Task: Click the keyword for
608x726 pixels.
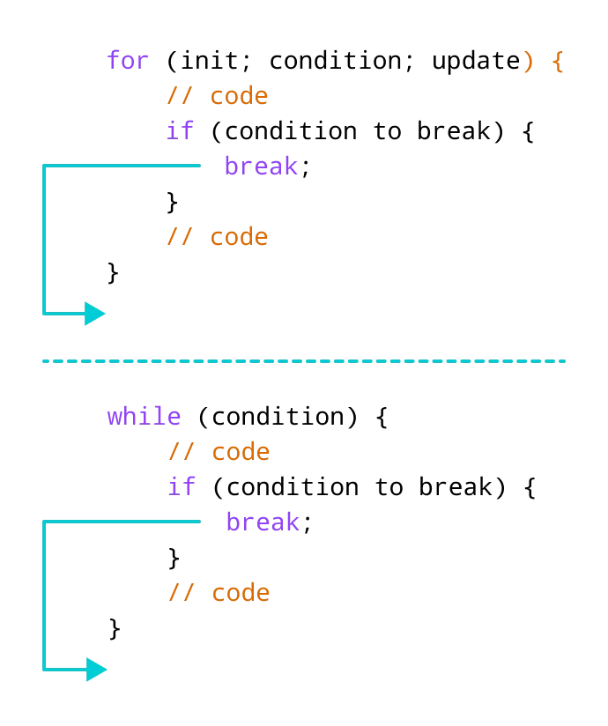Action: pyautogui.click(x=129, y=61)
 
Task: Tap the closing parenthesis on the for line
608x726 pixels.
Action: pyautogui.click(x=528, y=62)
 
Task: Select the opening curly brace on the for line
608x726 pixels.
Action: pyautogui.click(x=557, y=62)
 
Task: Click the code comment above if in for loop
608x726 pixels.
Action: pyautogui.click(x=217, y=95)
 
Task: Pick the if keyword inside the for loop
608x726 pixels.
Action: pyautogui.click(x=180, y=130)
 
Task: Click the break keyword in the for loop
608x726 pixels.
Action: pyautogui.click(x=263, y=166)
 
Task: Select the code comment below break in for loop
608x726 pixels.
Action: pyautogui.click(x=217, y=236)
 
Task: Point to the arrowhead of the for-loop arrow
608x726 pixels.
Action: pyautogui.click(x=95, y=313)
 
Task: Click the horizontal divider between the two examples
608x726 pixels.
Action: pyautogui.click(x=306, y=362)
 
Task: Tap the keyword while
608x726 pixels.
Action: pyautogui.click(x=145, y=417)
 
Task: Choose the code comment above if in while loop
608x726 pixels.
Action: pyautogui.click(x=220, y=452)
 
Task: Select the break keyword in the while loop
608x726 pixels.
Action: pyautogui.click(x=263, y=522)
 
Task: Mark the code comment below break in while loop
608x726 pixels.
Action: pyautogui.click(x=220, y=593)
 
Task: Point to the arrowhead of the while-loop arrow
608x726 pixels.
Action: pyautogui.click(x=97, y=670)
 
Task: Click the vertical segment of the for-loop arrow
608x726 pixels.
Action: pyautogui.click(x=45, y=238)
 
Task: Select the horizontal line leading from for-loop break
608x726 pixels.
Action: pyautogui.click(x=123, y=166)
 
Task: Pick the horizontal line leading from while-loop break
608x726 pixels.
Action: pyautogui.click(x=123, y=522)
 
